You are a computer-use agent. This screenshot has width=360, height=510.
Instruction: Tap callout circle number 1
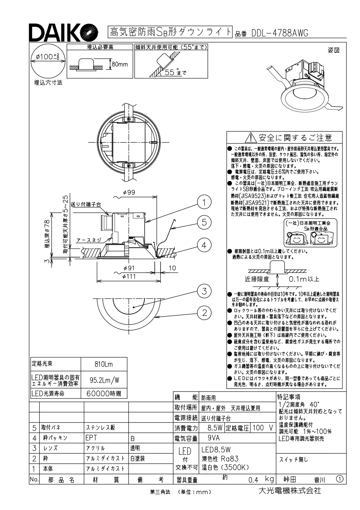[x=204, y=202]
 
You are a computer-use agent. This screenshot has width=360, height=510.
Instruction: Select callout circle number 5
[x=204, y=222]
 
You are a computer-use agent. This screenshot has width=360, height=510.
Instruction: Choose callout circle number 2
[x=204, y=313]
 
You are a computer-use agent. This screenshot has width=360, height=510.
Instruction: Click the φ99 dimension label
[x=129, y=192]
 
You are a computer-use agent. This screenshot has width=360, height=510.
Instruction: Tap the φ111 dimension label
[x=129, y=277]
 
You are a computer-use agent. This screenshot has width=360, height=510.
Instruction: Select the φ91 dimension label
[x=129, y=268]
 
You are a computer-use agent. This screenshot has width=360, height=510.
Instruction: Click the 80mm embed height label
[x=120, y=65]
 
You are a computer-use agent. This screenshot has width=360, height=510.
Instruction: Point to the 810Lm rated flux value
[x=104, y=364]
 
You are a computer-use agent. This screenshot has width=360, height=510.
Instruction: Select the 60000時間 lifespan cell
[x=104, y=394]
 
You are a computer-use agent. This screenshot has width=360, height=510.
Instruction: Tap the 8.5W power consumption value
[x=215, y=428]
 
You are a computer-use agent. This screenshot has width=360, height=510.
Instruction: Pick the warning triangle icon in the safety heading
[x=251, y=137]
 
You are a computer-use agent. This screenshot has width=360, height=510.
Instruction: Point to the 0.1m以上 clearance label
[x=304, y=279]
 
